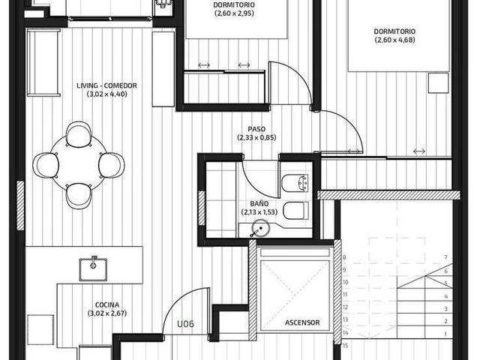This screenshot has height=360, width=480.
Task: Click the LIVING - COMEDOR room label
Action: point(106,85)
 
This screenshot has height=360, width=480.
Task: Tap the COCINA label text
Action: point(107,305)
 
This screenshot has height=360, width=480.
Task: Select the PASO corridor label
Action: point(256,129)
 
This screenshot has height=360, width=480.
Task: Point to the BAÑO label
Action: point(259,203)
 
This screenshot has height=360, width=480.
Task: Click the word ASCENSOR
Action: point(302,322)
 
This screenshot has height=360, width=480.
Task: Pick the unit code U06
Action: point(185,324)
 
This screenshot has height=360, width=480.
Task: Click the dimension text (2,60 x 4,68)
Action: point(395,40)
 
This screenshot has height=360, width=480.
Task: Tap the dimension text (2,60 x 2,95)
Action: point(234,13)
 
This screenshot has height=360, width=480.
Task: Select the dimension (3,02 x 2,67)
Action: point(107,313)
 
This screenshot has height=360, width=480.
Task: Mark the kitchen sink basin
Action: point(93,269)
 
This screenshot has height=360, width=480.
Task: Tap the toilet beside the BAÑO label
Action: point(295,211)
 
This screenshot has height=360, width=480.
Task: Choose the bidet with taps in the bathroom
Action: point(295,183)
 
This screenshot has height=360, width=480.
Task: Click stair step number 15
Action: point(345,346)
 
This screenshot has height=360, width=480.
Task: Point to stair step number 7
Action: point(446,257)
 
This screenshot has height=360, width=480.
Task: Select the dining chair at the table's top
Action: point(79,134)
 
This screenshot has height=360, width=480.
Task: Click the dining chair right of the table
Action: point(112,165)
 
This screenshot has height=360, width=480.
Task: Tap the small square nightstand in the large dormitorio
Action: point(438,82)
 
